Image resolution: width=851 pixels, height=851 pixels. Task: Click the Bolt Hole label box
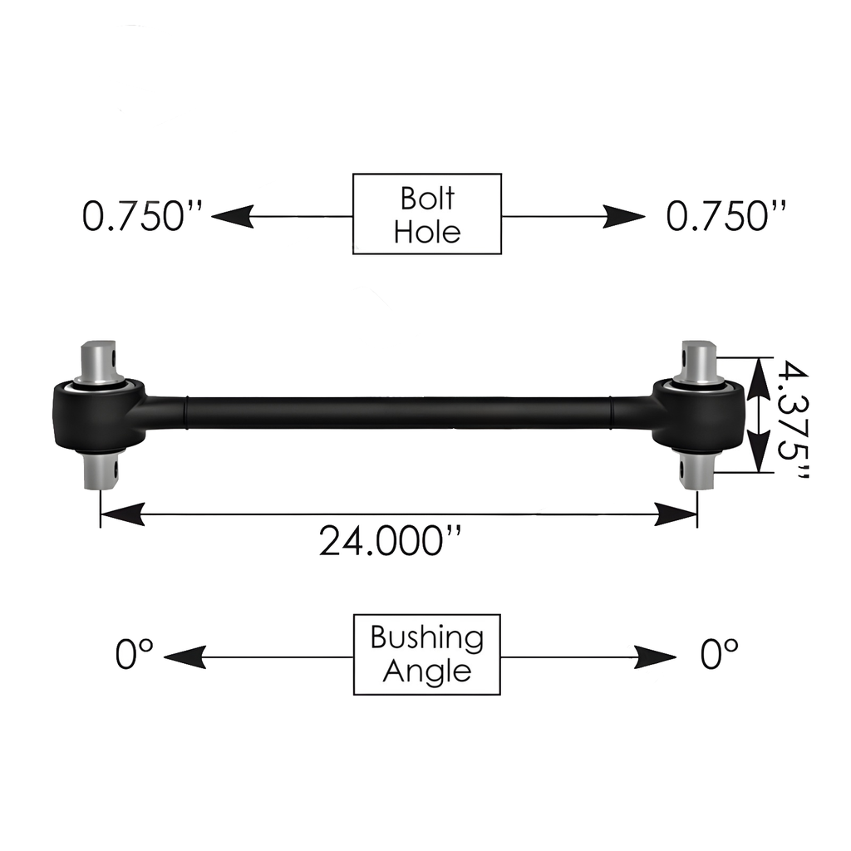pos(427,214)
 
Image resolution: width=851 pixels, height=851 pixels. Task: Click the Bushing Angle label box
pos(427,654)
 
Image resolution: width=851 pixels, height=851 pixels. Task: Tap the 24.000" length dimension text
pos(391,542)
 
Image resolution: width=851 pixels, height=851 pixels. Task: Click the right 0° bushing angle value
pos(719,655)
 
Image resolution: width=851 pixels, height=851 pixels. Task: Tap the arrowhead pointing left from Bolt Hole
pos(232,217)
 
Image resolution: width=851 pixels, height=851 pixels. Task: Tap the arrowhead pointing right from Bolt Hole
pos(624,217)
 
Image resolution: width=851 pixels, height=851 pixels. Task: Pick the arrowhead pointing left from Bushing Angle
pos(184,657)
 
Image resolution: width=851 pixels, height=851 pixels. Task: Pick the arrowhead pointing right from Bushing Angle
pos(657,657)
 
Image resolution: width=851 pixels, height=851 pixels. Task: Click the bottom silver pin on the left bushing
pos(101,471)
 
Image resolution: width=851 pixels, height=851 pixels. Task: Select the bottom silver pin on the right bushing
pos(696,471)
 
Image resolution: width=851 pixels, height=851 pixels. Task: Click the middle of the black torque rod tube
pos(399,413)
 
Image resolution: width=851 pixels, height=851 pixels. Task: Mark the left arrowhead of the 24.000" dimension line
pos(121,514)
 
